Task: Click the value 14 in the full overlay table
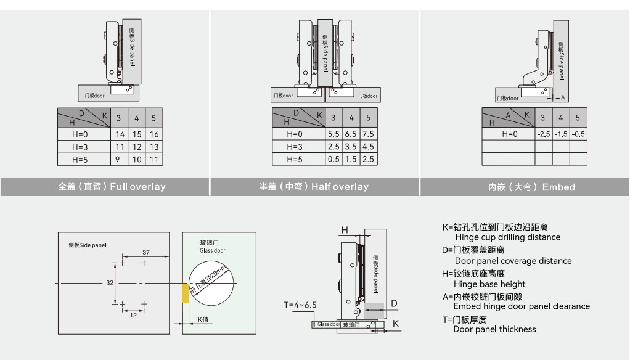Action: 120,134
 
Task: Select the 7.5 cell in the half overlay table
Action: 368,134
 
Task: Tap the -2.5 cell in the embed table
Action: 543,134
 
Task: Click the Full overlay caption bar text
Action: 112,187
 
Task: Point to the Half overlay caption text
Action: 314,187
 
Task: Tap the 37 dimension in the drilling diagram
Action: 146,252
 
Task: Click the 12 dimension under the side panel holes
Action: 133,315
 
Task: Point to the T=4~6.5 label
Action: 300,305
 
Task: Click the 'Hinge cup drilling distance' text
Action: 507,237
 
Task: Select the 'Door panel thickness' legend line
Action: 494,329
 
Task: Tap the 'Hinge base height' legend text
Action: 489,284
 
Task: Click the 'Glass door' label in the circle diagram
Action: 213,251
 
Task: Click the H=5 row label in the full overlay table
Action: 80,160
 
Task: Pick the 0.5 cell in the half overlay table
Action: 333,160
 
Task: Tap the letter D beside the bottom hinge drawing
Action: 395,303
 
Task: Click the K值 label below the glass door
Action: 204,319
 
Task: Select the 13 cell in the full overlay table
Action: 153,147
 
